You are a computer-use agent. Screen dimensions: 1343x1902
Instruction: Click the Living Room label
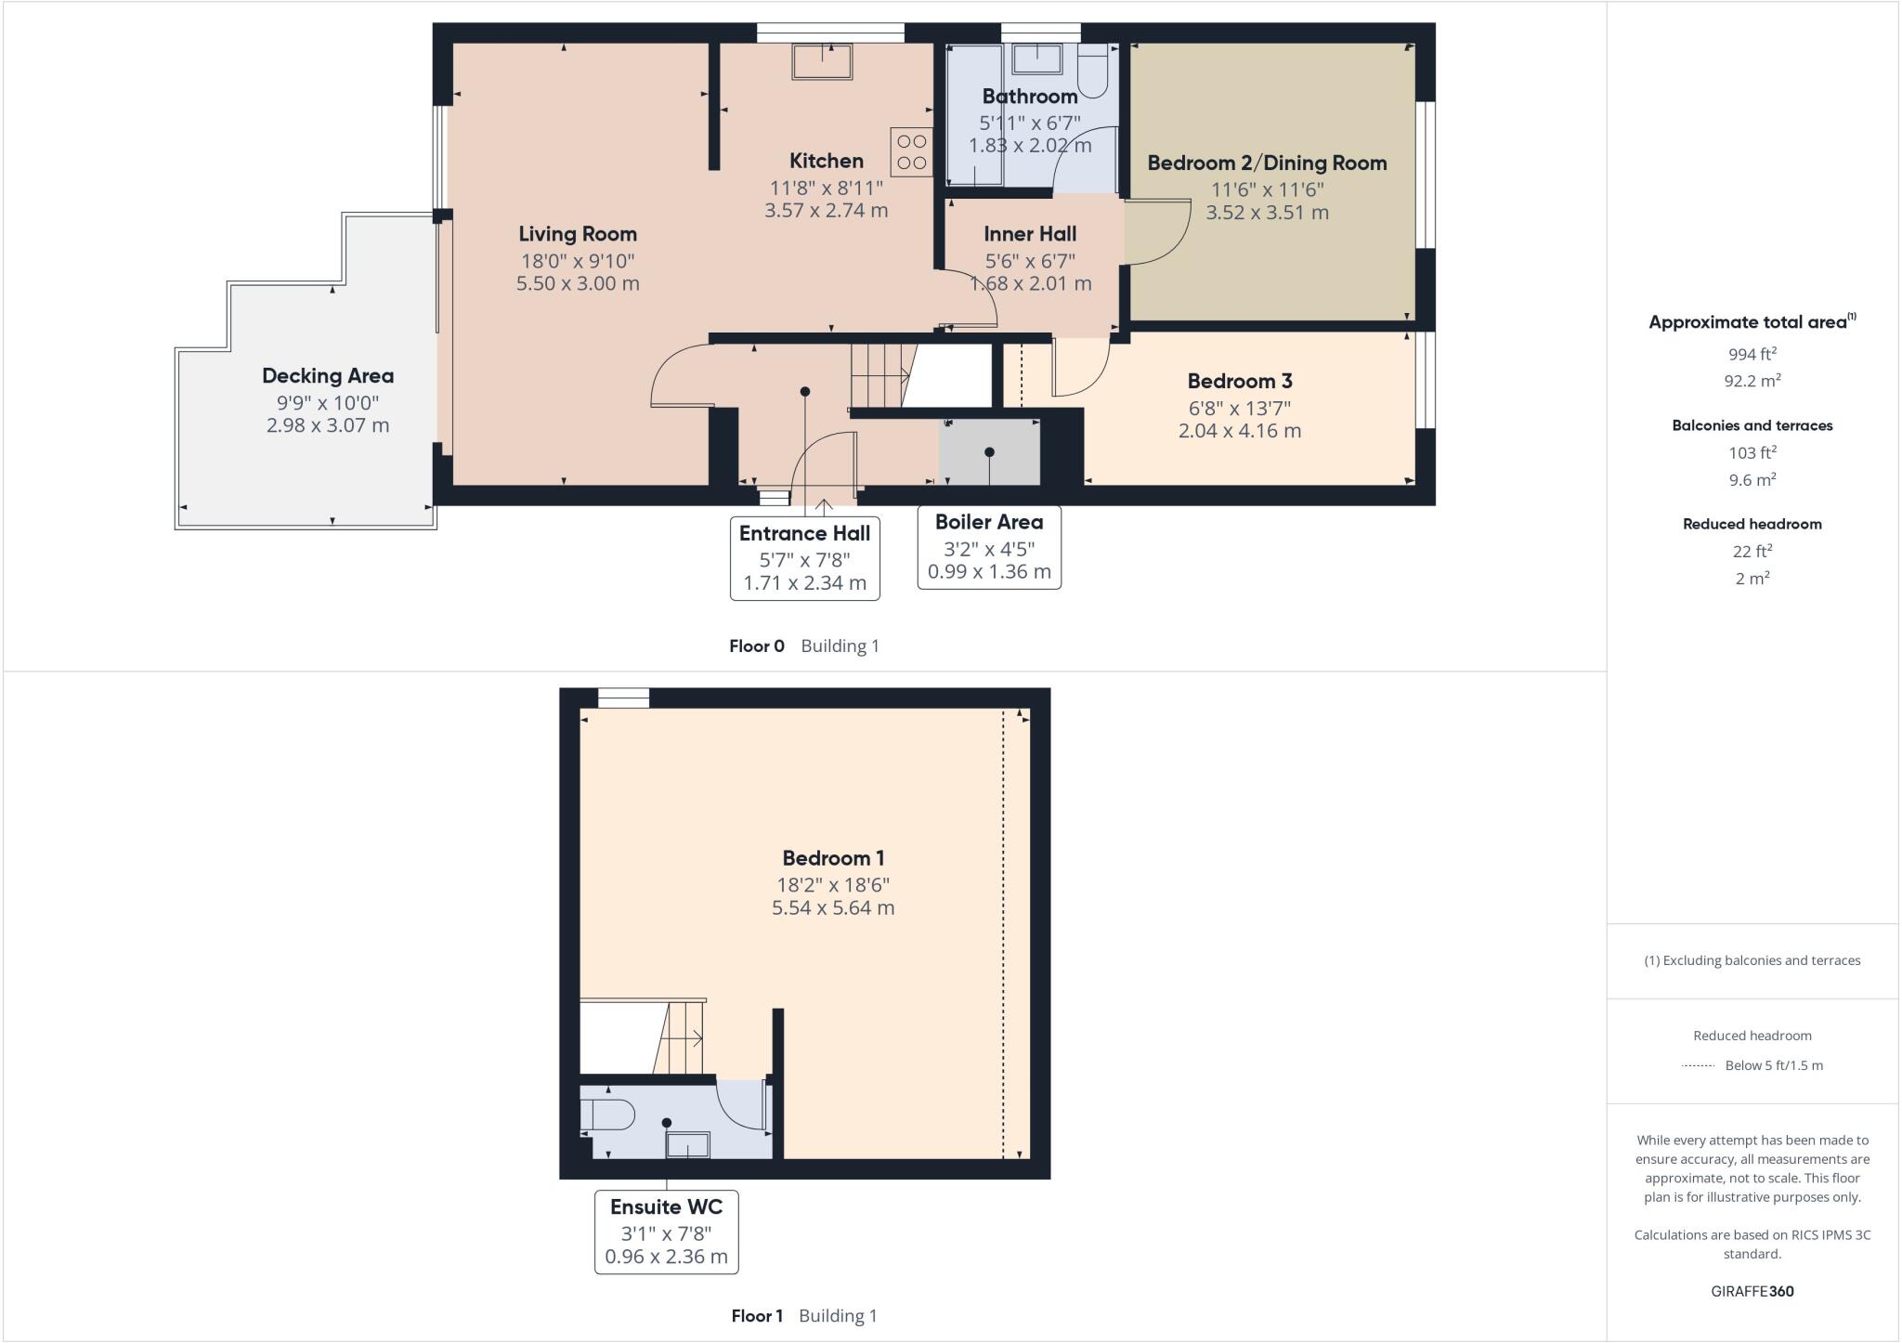click(578, 234)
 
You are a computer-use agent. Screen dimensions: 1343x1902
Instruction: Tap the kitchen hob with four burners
click(911, 152)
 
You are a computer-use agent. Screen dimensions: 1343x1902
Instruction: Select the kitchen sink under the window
click(822, 61)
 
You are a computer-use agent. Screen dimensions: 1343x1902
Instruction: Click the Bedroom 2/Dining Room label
click(1267, 163)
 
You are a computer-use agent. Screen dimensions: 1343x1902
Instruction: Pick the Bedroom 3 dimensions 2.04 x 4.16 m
click(1239, 431)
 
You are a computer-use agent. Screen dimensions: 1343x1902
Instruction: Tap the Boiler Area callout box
click(989, 547)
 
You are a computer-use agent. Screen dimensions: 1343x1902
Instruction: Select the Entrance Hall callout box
click(804, 558)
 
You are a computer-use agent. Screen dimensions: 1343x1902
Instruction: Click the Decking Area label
click(328, 376)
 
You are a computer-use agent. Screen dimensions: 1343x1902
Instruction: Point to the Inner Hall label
click(1030, 234)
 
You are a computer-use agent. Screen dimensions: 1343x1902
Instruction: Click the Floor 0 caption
click(757, 646)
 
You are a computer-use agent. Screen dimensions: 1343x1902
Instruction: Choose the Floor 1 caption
click(757, 1316)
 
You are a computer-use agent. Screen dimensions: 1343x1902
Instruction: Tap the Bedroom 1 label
click(833, 858)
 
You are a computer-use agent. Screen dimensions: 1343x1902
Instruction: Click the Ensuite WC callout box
click(666, 1232)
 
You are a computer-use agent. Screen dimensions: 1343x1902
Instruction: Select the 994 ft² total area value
click(1752, 354)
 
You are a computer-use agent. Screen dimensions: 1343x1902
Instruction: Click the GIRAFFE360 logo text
click(1752, 1291)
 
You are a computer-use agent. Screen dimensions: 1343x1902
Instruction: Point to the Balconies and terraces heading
click(1752, 425)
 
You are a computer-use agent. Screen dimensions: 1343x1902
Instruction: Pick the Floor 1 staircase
click(680, 1037)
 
